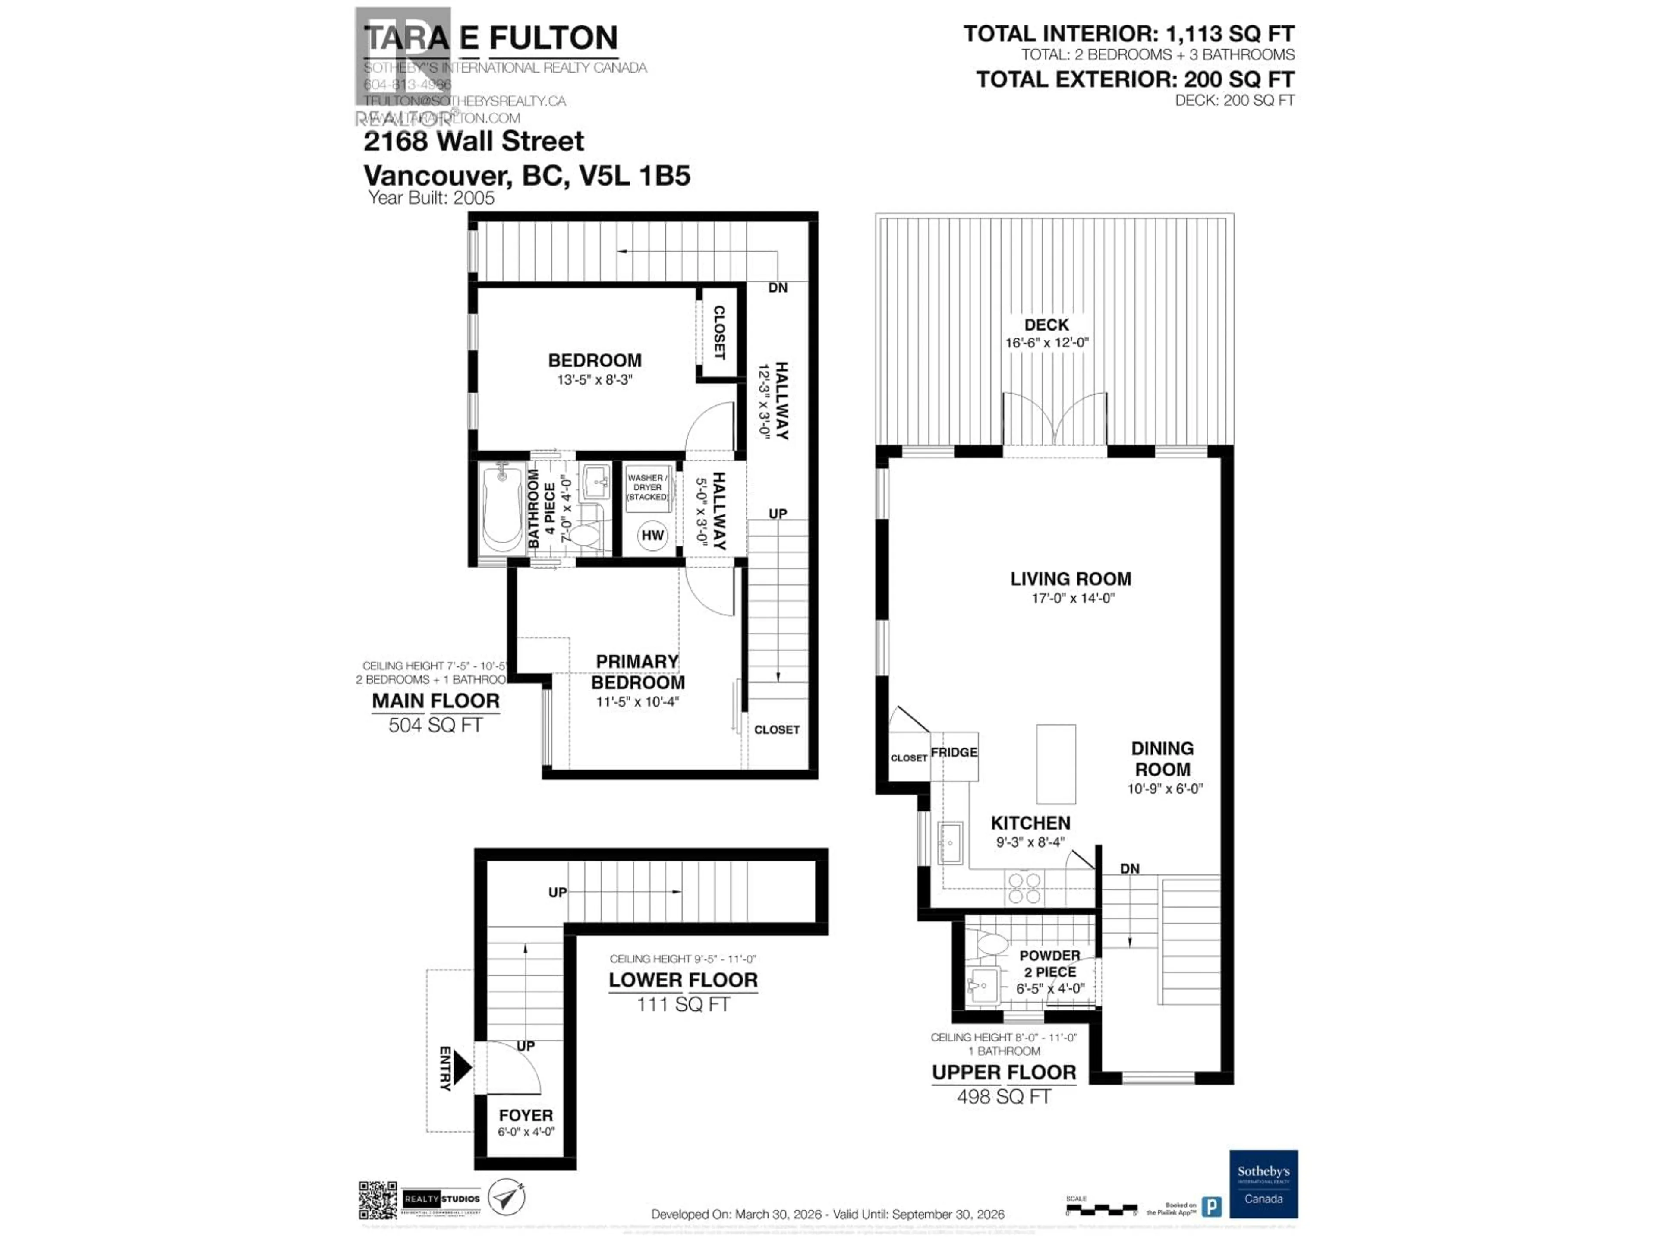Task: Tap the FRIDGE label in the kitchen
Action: [954, 752]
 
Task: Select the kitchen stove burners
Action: [1024, 888]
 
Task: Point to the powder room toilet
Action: [990, 943]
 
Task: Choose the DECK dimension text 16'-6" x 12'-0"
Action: [1046, 342]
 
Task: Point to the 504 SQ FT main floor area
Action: [435, 725]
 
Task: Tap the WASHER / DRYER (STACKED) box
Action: [647, 488]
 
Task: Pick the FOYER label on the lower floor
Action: [526, 1116]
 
